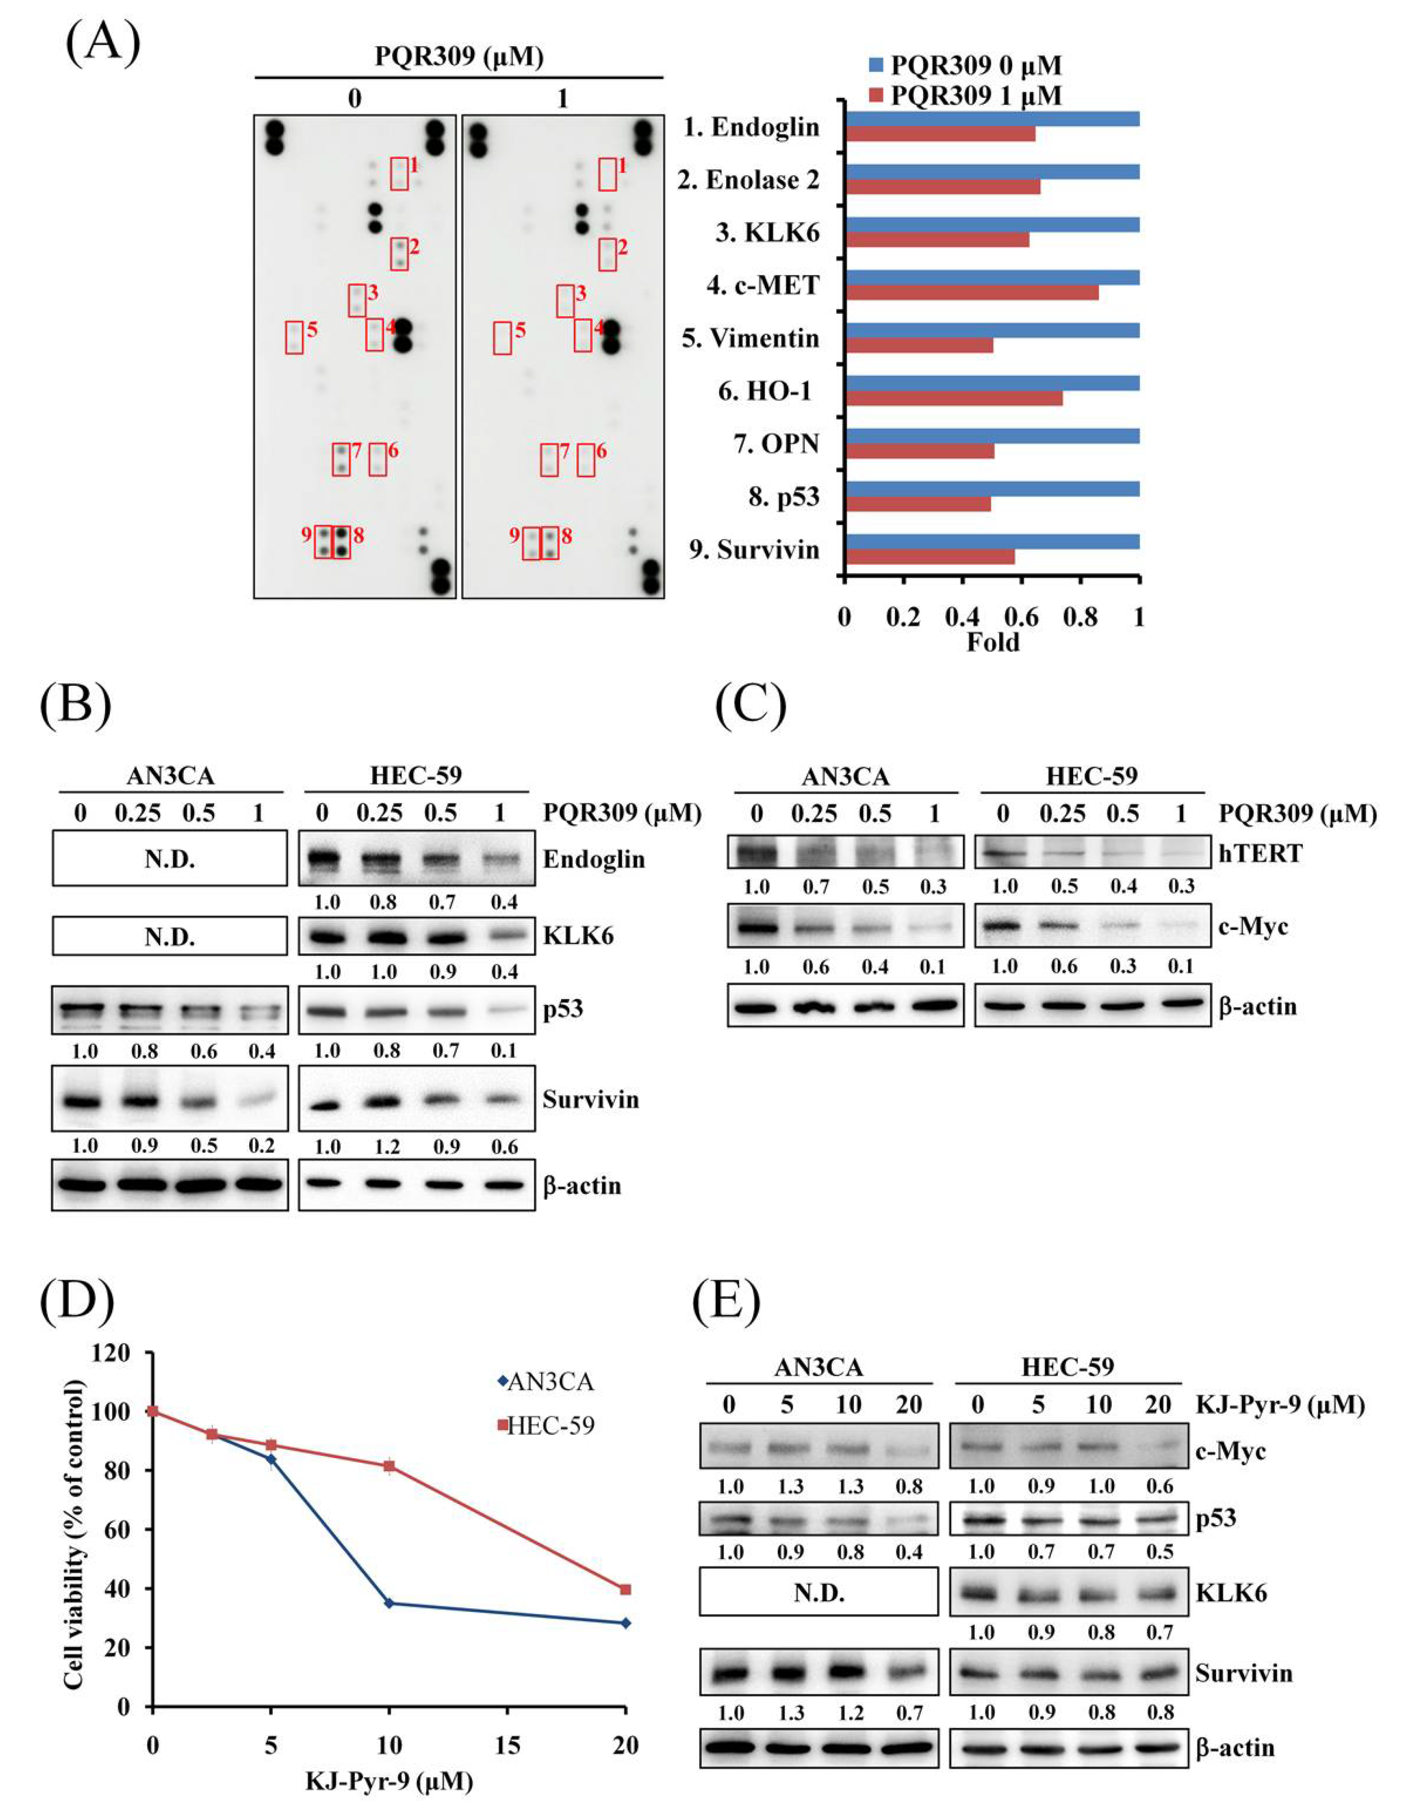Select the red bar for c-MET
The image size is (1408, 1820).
[971, 293]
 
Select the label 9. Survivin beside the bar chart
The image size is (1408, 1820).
[754, 550]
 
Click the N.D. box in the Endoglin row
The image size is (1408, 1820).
[169, 858]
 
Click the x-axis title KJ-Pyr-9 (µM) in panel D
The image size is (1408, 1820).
[389, 1783]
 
